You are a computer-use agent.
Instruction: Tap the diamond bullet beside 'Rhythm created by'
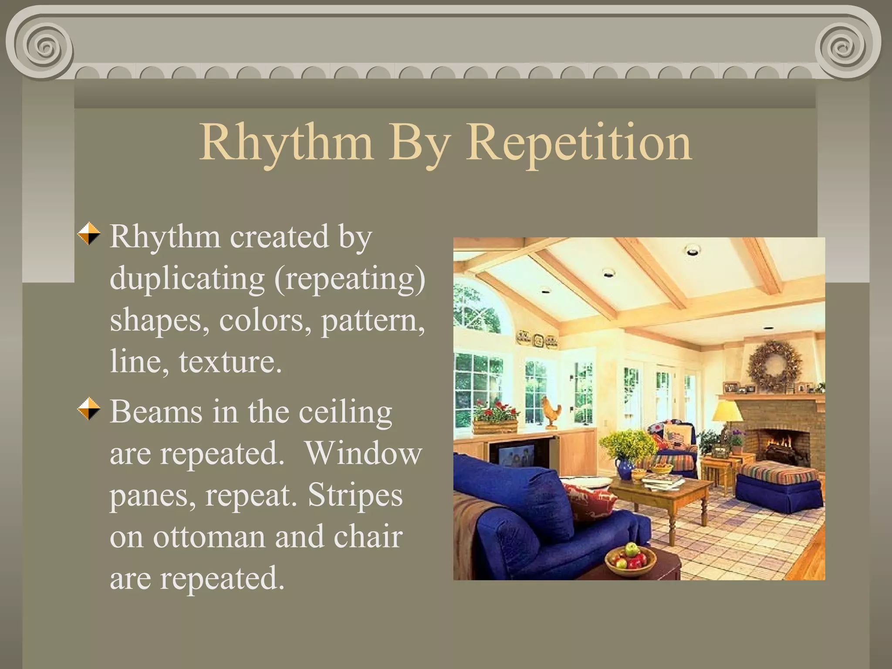click(89, 234)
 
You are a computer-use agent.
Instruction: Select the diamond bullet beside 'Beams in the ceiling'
click(89, 409)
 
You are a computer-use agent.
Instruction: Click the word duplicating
click(187, 279)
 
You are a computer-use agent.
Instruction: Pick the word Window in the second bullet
click(363, 453)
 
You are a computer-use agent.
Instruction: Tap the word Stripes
click(355, 495)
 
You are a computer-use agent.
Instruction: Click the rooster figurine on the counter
click(551, 411)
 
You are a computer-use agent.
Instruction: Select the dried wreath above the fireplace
click(774, 365)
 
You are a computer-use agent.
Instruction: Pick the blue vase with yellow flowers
click(625, 469)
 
